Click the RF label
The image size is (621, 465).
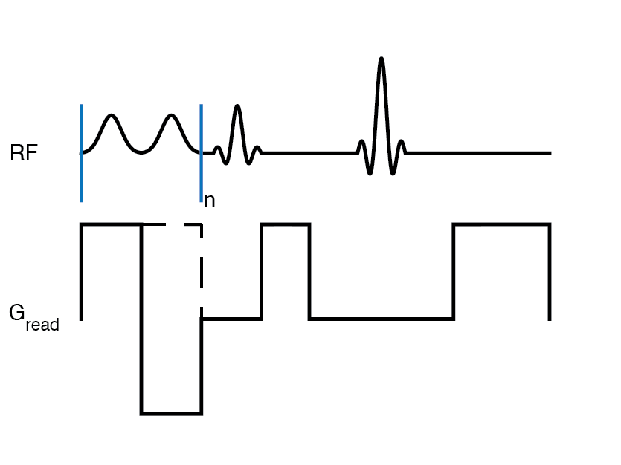(24, 154)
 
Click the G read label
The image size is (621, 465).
(33, 316)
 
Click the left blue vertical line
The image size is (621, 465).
(81, 178)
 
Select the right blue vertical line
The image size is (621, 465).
(201, 178)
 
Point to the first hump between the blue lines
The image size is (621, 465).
(112, 116)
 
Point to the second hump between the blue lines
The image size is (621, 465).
(172, 116)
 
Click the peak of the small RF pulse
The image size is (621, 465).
(237, 107)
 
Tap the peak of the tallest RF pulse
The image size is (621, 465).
(382, 59)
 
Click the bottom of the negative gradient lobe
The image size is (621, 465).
(171, 413)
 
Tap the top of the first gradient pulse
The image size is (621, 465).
(111, 224)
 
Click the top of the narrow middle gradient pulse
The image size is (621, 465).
(285, 224)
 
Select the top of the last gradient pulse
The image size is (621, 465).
(502, 224)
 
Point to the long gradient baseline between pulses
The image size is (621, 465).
(381, 319)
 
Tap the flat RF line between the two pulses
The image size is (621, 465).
(309, 153)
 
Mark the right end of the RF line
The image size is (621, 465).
(550, 153)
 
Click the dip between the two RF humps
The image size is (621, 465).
(141, 152)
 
